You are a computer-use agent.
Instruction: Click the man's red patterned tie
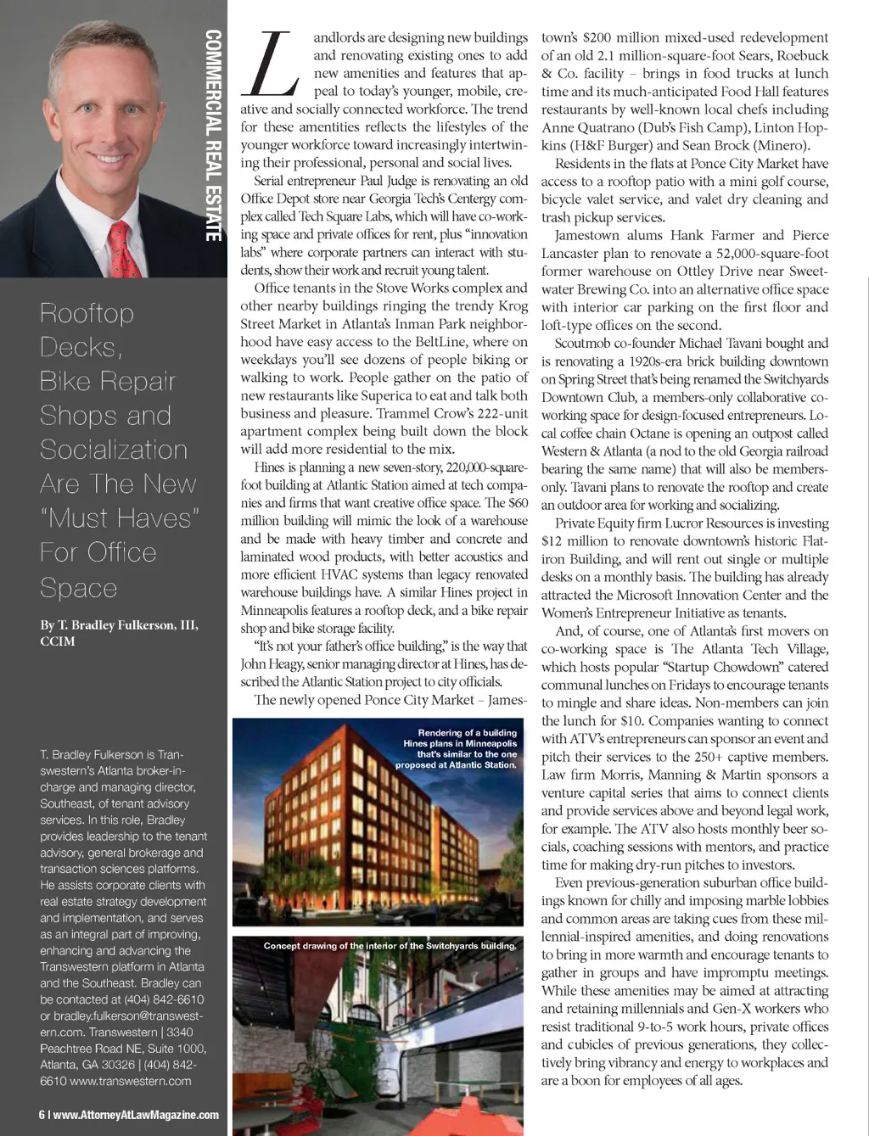(125, 247)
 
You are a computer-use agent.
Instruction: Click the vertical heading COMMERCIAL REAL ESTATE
(213, 136)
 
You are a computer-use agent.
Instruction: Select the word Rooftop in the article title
(87, 313)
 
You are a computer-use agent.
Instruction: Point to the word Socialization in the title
(114, 450)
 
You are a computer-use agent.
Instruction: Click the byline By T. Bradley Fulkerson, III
(119, 625)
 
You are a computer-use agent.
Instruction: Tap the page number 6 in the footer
(42, 1115)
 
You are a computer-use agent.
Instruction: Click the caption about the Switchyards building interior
(390, 945)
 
